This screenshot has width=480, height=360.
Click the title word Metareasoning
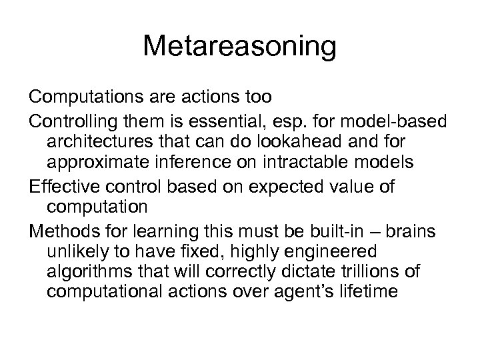point(239,47)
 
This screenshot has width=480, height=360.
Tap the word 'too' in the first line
point(257,97)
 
